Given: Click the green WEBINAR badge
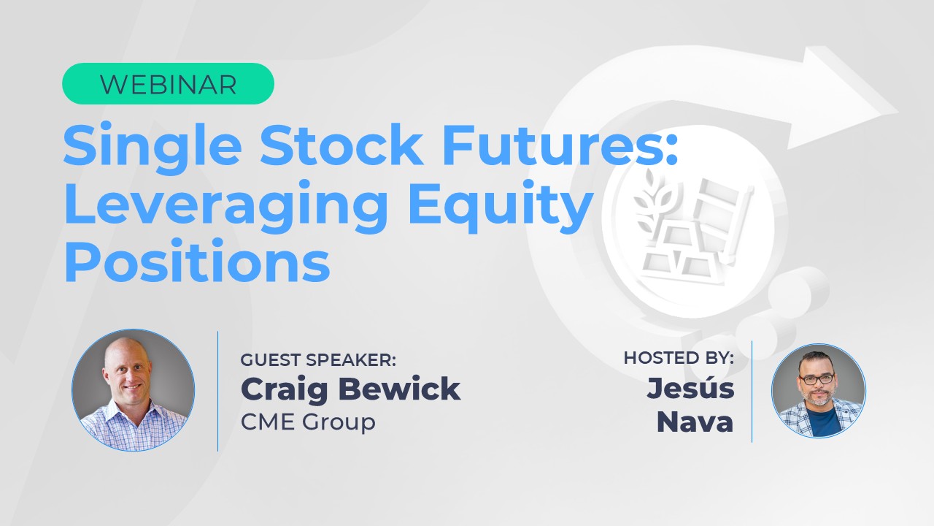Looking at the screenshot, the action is [x=168, y=83].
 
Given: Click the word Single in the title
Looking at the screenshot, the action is [x=153, y=148].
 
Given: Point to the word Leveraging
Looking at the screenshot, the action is [x=226, y=207].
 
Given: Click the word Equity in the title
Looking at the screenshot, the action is [x=501, y=207].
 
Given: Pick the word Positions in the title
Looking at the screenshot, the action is [x=197, y=261].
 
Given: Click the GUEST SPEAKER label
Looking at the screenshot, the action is [x=318, y=360].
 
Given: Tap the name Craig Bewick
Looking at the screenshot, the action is [x=351, y=389].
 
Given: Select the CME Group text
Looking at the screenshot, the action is [x=308, y=422].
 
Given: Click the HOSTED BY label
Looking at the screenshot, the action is [x=679, y=358].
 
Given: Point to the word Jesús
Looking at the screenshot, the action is [x=690, y=388].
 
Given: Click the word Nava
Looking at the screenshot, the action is [x=695, y=422].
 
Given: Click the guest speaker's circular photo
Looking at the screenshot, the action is [x=134, y=390].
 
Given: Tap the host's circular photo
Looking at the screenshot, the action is [x=819, y=391].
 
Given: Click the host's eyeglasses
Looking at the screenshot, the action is [x=816, y=379].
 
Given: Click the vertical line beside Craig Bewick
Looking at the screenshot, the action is [x=218, y=391].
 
